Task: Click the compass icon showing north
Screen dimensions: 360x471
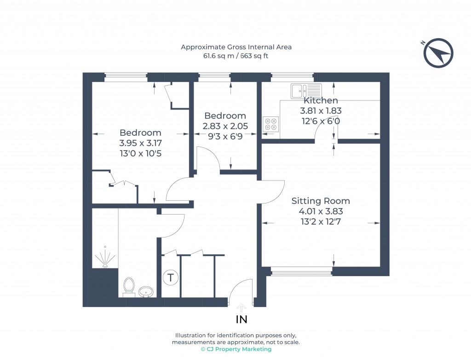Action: [438, 53]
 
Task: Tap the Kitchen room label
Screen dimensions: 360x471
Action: [321, 100]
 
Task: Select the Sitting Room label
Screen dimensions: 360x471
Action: [321, 201]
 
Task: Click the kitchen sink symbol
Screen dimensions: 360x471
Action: [305, 91]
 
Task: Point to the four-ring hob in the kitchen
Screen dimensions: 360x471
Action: [270, 124]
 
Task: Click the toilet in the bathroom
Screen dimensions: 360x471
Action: [129, 286]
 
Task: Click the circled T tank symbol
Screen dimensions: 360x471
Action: [171, 278]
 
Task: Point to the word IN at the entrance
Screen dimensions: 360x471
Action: [242, 319]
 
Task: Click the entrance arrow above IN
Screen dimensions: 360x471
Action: [241, 307]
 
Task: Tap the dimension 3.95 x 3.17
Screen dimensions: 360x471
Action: [140, 143]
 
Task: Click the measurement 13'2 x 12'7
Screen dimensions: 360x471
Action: [321, 221]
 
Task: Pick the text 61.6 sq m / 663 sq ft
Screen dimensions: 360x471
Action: [235, 56]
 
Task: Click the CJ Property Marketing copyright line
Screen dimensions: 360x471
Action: [235, 349]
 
